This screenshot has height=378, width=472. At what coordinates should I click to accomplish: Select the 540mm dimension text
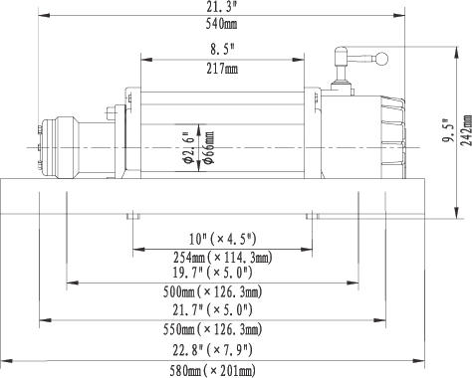click(x=221, y=24)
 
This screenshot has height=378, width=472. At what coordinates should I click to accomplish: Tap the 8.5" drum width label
click(x=222, y=50)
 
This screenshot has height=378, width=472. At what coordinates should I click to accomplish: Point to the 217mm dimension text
click(x=222, y=69)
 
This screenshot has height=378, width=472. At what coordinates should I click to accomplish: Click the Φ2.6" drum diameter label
click(x=188, y=148)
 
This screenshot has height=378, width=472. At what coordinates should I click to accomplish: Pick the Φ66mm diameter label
click(x=208, y=147)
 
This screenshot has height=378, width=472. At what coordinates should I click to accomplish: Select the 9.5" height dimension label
click(x=446, y=130)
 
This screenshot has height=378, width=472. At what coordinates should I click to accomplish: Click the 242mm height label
click(x=466, y=130)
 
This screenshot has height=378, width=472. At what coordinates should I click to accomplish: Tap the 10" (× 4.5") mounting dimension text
click(x=222, y=239)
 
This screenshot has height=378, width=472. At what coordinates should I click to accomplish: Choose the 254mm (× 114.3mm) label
click(x=222, y=258)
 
